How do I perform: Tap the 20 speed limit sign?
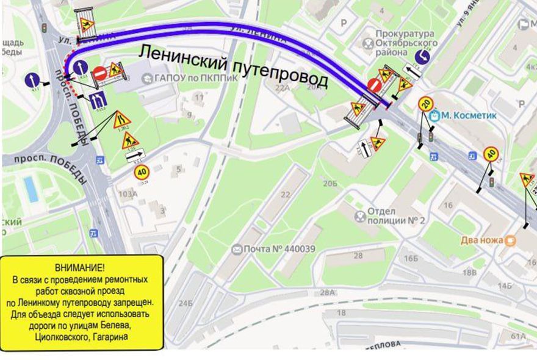click(x=425, y=104)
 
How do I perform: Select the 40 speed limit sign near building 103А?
click(x=142, y=173)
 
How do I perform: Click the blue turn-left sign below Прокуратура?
click(x=422, y=57)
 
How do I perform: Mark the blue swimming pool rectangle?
click(x=30, y=189)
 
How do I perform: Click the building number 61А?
click(x=519, y=336)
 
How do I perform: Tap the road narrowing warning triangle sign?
click(x=121, y=120)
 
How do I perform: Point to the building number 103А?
click(x=127, y=194)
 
